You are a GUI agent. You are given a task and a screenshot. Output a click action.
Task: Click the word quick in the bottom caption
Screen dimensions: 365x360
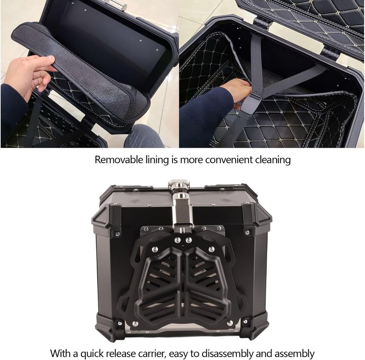click(x=93, y=354)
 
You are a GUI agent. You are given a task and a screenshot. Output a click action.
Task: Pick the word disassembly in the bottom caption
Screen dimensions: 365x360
click(x=227, y=354)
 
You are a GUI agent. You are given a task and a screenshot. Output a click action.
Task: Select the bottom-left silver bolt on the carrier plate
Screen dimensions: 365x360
click(x=135, y=324)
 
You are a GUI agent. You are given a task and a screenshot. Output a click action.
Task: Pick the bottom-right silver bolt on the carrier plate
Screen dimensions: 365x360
click(x=230, y=323)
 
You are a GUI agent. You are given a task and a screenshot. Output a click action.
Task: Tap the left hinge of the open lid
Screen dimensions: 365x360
click(x=262, y=23)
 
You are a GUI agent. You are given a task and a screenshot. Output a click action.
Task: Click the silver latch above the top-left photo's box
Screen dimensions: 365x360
click(x=116, y=4)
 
